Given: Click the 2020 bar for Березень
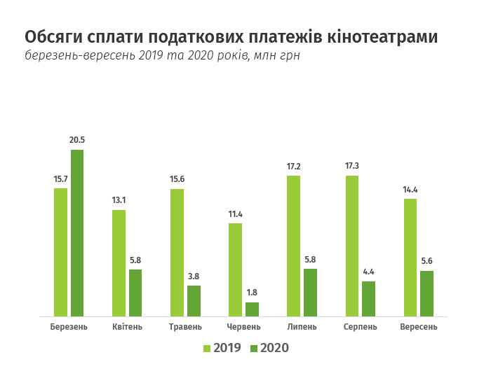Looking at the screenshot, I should (x=76, y=233).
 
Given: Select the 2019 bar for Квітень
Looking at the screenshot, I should (x=119, y=263).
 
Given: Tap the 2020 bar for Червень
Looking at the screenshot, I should (x=252, y=309).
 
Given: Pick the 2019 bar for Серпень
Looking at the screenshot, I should (x=352, y=246).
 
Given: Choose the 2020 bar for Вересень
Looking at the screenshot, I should (x=426, y=294).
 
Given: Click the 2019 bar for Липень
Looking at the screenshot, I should (x=294, y=246).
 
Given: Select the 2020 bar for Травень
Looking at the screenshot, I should (x=194, y=301).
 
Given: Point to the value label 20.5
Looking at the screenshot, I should (x=76, y=140).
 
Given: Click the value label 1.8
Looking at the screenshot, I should (x=252, y=293).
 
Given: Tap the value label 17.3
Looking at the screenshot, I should (x=352, y=167).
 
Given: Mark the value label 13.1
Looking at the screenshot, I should (x=119, y=201).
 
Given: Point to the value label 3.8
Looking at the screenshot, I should (x=194, y=276).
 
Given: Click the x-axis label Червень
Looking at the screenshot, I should (x=244, y=327).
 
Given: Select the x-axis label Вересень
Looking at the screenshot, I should (x=419, y=327).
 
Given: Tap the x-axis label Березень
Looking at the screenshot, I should (x=69, y=327).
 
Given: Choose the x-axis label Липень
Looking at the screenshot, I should (x=302, y=327).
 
